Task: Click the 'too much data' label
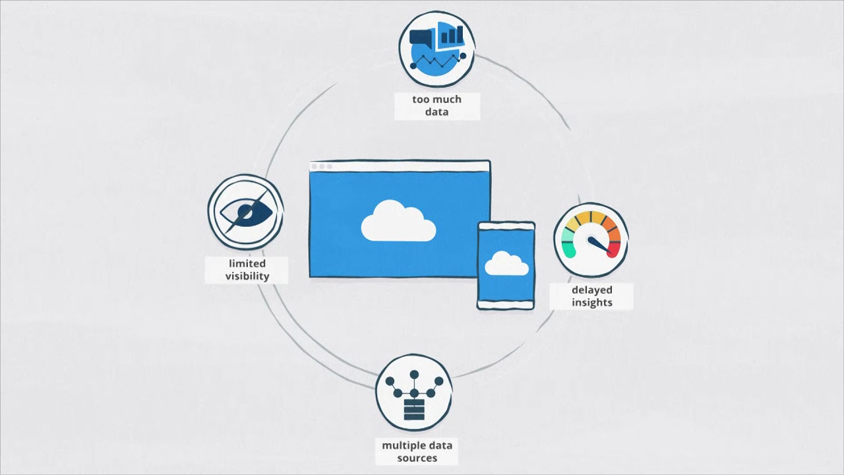click(x=437, y=106)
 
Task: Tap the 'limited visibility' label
click(x=247, y=270)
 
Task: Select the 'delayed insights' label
click(x=591, y=296)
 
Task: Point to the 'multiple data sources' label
click(x=417, y=451)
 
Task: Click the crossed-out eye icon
click(x=245, y=212)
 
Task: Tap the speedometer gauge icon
click(x=591, y=239)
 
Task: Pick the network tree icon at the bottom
click(x=414, y=393)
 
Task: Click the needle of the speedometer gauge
click(x=599, y=243)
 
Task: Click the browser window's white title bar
click(x=400, y=166)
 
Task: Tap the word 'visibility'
click(x=247, y=276)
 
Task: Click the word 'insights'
click(x=591, y=303)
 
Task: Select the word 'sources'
click(x=417, y=458)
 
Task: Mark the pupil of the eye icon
click(x=245, y=212)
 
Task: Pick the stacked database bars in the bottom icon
click(x=414, y=409)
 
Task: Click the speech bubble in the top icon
click(x=421, y=38)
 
